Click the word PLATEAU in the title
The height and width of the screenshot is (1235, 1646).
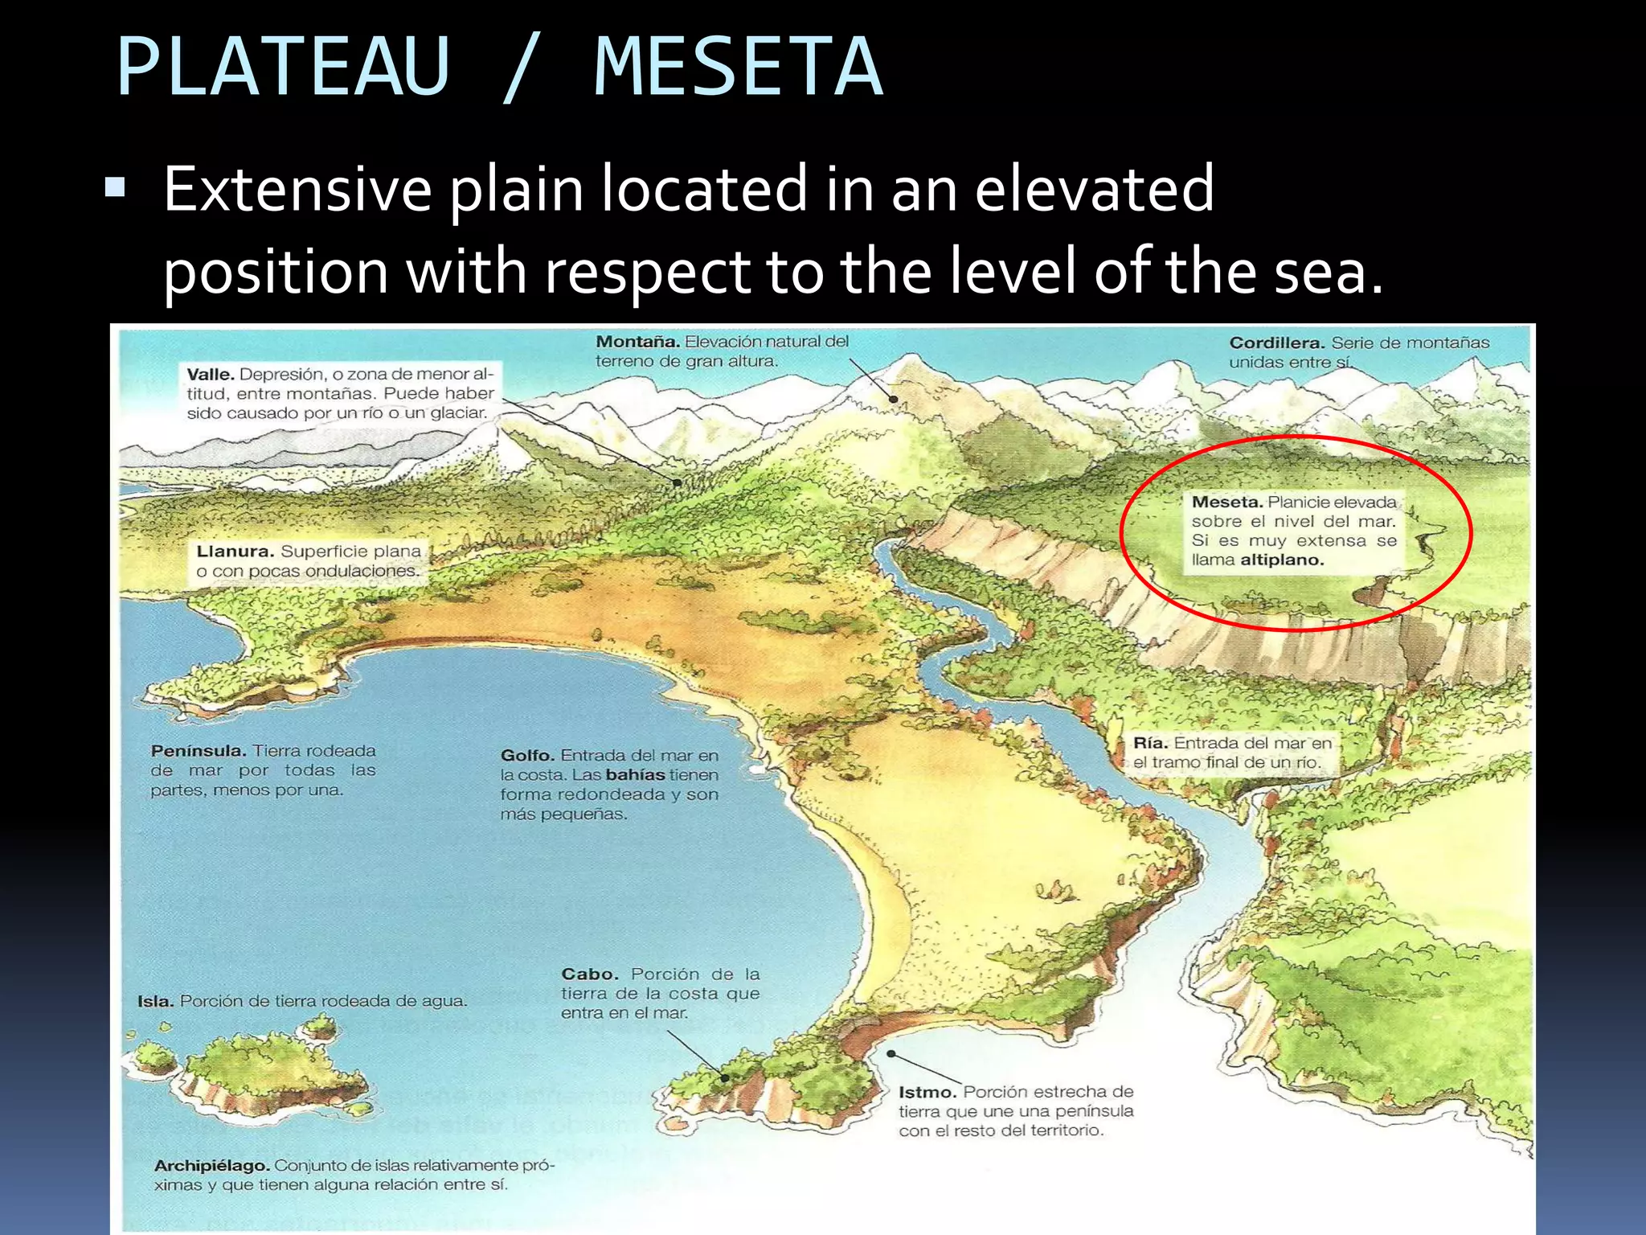[283, 68]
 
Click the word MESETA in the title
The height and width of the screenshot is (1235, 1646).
[738, 68]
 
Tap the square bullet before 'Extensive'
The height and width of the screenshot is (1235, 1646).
[115, 188]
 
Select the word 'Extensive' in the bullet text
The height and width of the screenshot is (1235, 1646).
[297, 190]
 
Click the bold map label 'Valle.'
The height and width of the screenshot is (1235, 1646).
[211, 375]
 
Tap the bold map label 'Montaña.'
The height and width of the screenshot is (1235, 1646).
[637, 342]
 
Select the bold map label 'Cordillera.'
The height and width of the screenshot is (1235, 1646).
[1277, 343]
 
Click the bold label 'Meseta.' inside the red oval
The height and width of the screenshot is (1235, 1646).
[1226, 503]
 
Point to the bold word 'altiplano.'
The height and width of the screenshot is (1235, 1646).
[1281, 560]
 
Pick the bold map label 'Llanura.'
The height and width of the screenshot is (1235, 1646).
[235, 552]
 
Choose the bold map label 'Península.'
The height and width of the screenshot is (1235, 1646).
[199, 751]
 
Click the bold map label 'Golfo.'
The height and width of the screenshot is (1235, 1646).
[527, 756]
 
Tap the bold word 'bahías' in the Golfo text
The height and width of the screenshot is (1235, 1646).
[635, 775]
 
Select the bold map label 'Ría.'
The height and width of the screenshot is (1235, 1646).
[1150, 743]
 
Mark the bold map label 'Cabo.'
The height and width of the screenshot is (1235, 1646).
[589, 974]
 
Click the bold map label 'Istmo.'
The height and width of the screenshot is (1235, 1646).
[927, 1092]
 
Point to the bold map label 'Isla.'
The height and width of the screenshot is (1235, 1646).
[155, 1002]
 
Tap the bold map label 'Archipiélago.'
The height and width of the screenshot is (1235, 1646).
[211, 1166]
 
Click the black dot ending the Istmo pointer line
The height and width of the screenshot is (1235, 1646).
[891, 1053]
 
